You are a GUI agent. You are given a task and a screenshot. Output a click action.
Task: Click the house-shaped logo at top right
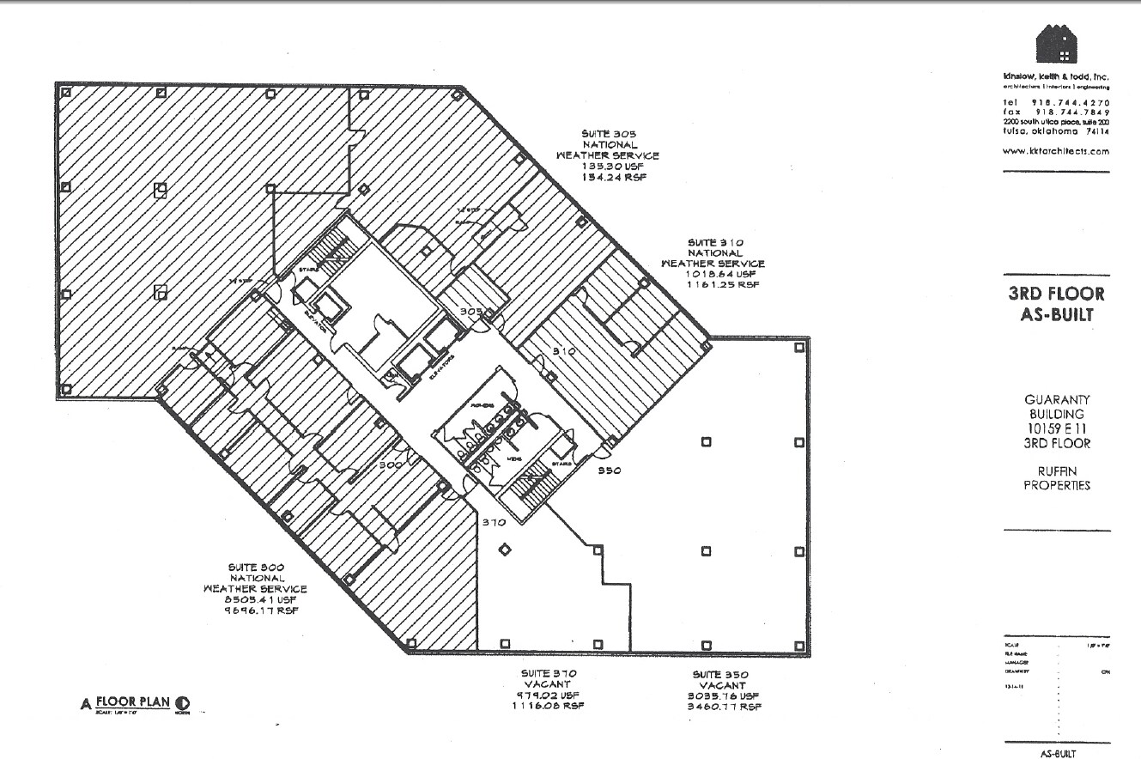point(1056,45)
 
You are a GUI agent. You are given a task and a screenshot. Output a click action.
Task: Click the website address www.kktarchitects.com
point(1056,151)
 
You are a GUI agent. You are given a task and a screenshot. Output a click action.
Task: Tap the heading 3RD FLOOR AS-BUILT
point(1056,304)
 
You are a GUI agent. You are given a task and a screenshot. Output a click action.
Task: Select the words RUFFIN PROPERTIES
point(1056,477)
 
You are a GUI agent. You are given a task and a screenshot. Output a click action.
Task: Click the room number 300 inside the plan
point(391,465)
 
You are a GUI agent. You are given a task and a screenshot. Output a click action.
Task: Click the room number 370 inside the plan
point(493,522)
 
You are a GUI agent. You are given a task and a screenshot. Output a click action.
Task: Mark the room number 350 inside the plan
point(610,471)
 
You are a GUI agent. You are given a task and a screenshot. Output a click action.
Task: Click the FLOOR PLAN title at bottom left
point(131,701)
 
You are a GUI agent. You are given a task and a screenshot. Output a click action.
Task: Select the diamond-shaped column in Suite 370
point(505,550)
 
